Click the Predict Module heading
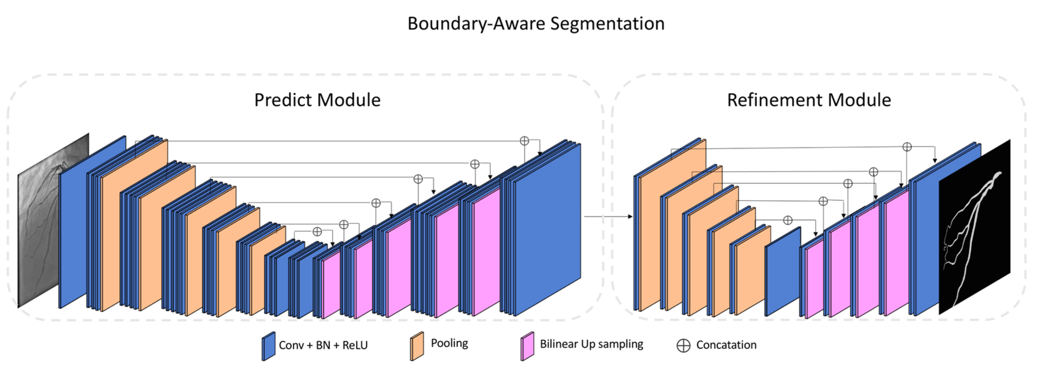coord(317,100)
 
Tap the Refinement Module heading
coord(809,100)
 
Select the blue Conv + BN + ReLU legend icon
coord(268,346)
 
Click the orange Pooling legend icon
coord(417,346)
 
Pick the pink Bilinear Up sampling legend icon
coord(527,346)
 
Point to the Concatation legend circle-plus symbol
coord(683,345)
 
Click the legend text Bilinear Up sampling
coord(591,344)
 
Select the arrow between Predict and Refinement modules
coord(608,217)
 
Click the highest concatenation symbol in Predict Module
coord(524,141)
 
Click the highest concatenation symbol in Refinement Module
coord(907,147)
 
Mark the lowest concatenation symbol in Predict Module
coord(317,231)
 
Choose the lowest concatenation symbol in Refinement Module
coord(788,220)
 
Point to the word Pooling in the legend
coord(449,343)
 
